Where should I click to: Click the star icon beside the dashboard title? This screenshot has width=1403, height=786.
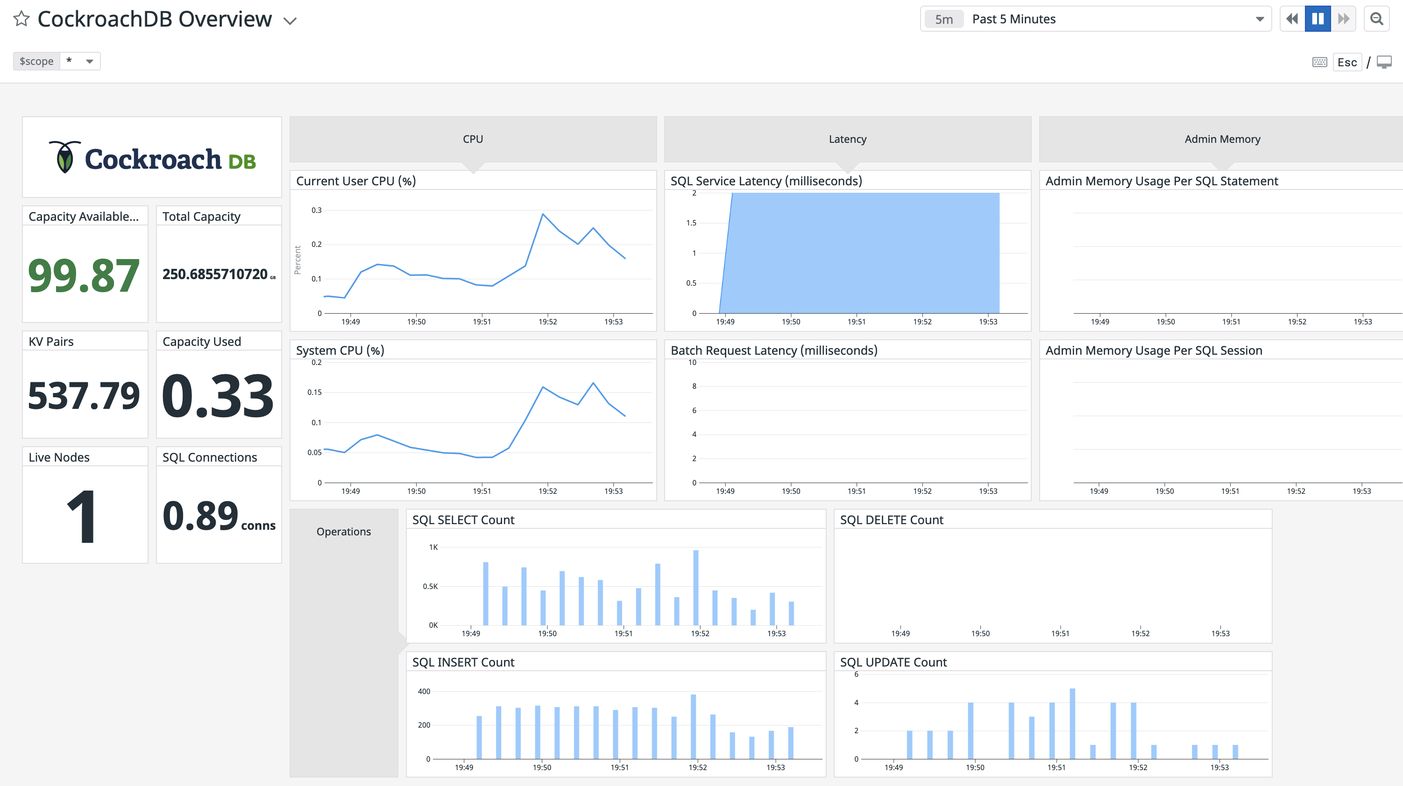(21, 19)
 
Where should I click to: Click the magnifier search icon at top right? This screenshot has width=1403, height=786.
(1376, 19)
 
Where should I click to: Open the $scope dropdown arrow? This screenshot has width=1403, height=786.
(90, 61)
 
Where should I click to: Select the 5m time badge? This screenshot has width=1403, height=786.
(944, 19)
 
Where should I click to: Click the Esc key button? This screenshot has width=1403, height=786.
(1346, 62)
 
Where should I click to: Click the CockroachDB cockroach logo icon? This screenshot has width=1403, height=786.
(65, 157)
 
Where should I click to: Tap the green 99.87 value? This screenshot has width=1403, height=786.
(84, 275)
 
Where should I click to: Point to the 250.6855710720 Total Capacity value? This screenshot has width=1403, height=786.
(215, 274)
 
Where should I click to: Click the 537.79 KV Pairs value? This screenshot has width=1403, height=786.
(84, 396)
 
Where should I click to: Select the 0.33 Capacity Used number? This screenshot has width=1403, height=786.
(218, 396)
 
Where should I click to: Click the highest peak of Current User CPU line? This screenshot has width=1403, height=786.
(542, 214)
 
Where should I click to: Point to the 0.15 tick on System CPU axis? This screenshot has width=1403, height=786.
(314, 393)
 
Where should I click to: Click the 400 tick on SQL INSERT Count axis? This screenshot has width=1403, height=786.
(424, 691)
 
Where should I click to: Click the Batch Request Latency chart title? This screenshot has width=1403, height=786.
(773, 351)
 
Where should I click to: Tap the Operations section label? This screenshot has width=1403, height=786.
(344, 531)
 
